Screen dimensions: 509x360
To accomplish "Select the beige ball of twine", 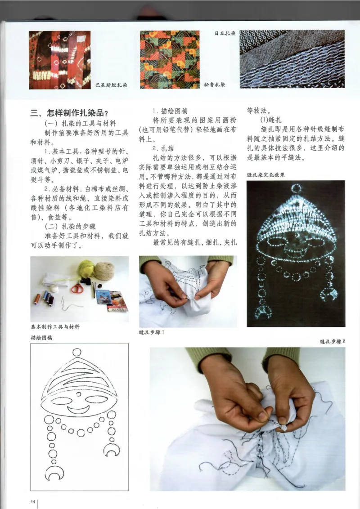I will tap(104, 271).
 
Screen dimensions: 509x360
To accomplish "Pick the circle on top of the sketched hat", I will tap(77, 353).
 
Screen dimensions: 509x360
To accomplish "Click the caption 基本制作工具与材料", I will tap(55, 327).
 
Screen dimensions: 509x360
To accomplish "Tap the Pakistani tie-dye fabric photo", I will tap(59, 60).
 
